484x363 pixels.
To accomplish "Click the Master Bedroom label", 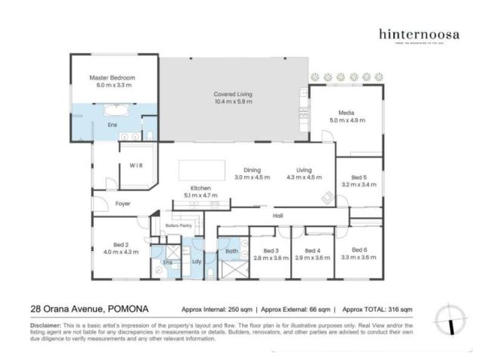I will pos(112,77).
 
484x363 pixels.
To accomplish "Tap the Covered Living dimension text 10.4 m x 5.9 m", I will pos(233,101).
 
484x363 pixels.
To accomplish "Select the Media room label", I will pos(346,112).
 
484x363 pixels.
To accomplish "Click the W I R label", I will pos(136,164).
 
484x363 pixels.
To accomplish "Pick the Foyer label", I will pos(122,204).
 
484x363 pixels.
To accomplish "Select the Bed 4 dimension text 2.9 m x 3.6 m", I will pos(312,258).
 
